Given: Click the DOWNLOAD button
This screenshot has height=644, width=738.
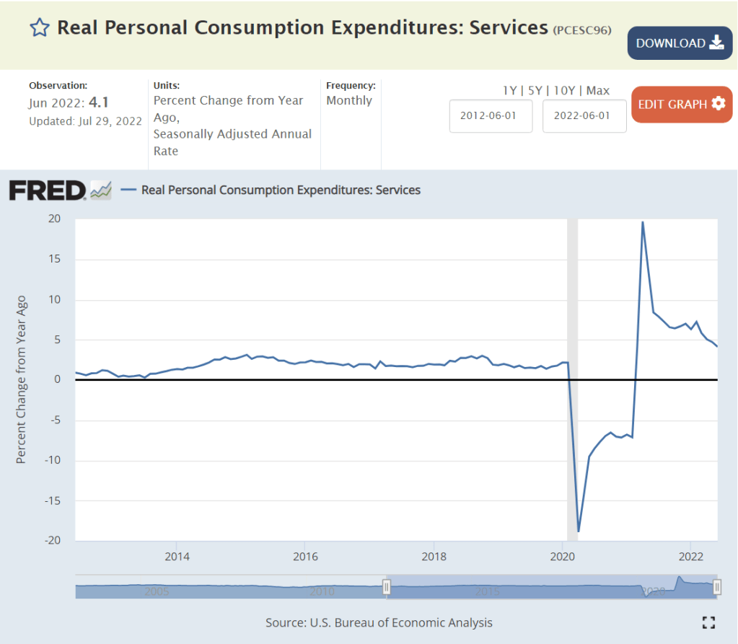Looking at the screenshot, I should point(680,43).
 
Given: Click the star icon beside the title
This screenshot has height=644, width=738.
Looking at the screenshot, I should point(40,28).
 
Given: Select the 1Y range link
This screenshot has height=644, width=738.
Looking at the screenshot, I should point(509,90).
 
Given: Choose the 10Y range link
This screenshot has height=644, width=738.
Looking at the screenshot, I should point(563,90).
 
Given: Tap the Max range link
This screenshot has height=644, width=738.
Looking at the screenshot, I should point(598,90).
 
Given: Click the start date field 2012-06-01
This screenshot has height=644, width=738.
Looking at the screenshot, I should point(491,116).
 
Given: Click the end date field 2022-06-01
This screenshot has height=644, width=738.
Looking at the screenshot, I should point(584,116).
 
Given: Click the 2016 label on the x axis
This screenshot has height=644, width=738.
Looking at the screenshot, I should point(305,556).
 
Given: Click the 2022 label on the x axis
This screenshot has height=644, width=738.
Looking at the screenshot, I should point(691,556).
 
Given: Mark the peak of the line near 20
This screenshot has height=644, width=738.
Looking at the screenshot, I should point(642,222).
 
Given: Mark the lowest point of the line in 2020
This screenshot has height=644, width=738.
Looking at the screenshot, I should point(579,531).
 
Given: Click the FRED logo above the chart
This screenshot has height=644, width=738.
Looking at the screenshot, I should point(48,190).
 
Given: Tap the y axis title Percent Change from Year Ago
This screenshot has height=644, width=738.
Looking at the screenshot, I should point(21,379).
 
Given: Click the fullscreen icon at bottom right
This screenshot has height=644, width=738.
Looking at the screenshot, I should point(708,622).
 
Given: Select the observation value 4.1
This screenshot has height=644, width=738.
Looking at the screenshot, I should point(99,102).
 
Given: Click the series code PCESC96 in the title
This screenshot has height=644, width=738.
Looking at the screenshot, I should point(582,30).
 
